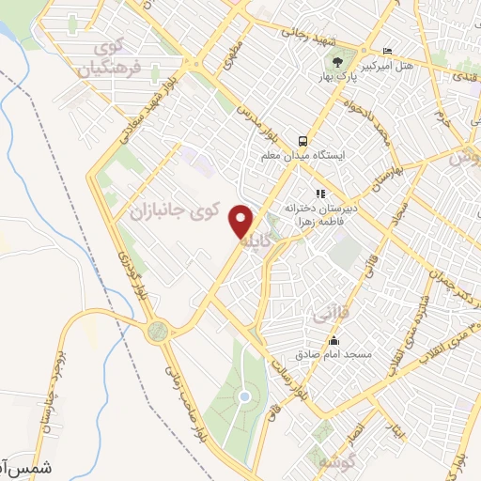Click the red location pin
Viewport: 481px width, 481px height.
tap(242, 223)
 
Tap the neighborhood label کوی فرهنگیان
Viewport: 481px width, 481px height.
tap(110, 57)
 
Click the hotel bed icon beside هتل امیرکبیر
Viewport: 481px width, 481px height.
tap(388, 51)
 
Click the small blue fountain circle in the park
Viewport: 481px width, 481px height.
tap(243, 397)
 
